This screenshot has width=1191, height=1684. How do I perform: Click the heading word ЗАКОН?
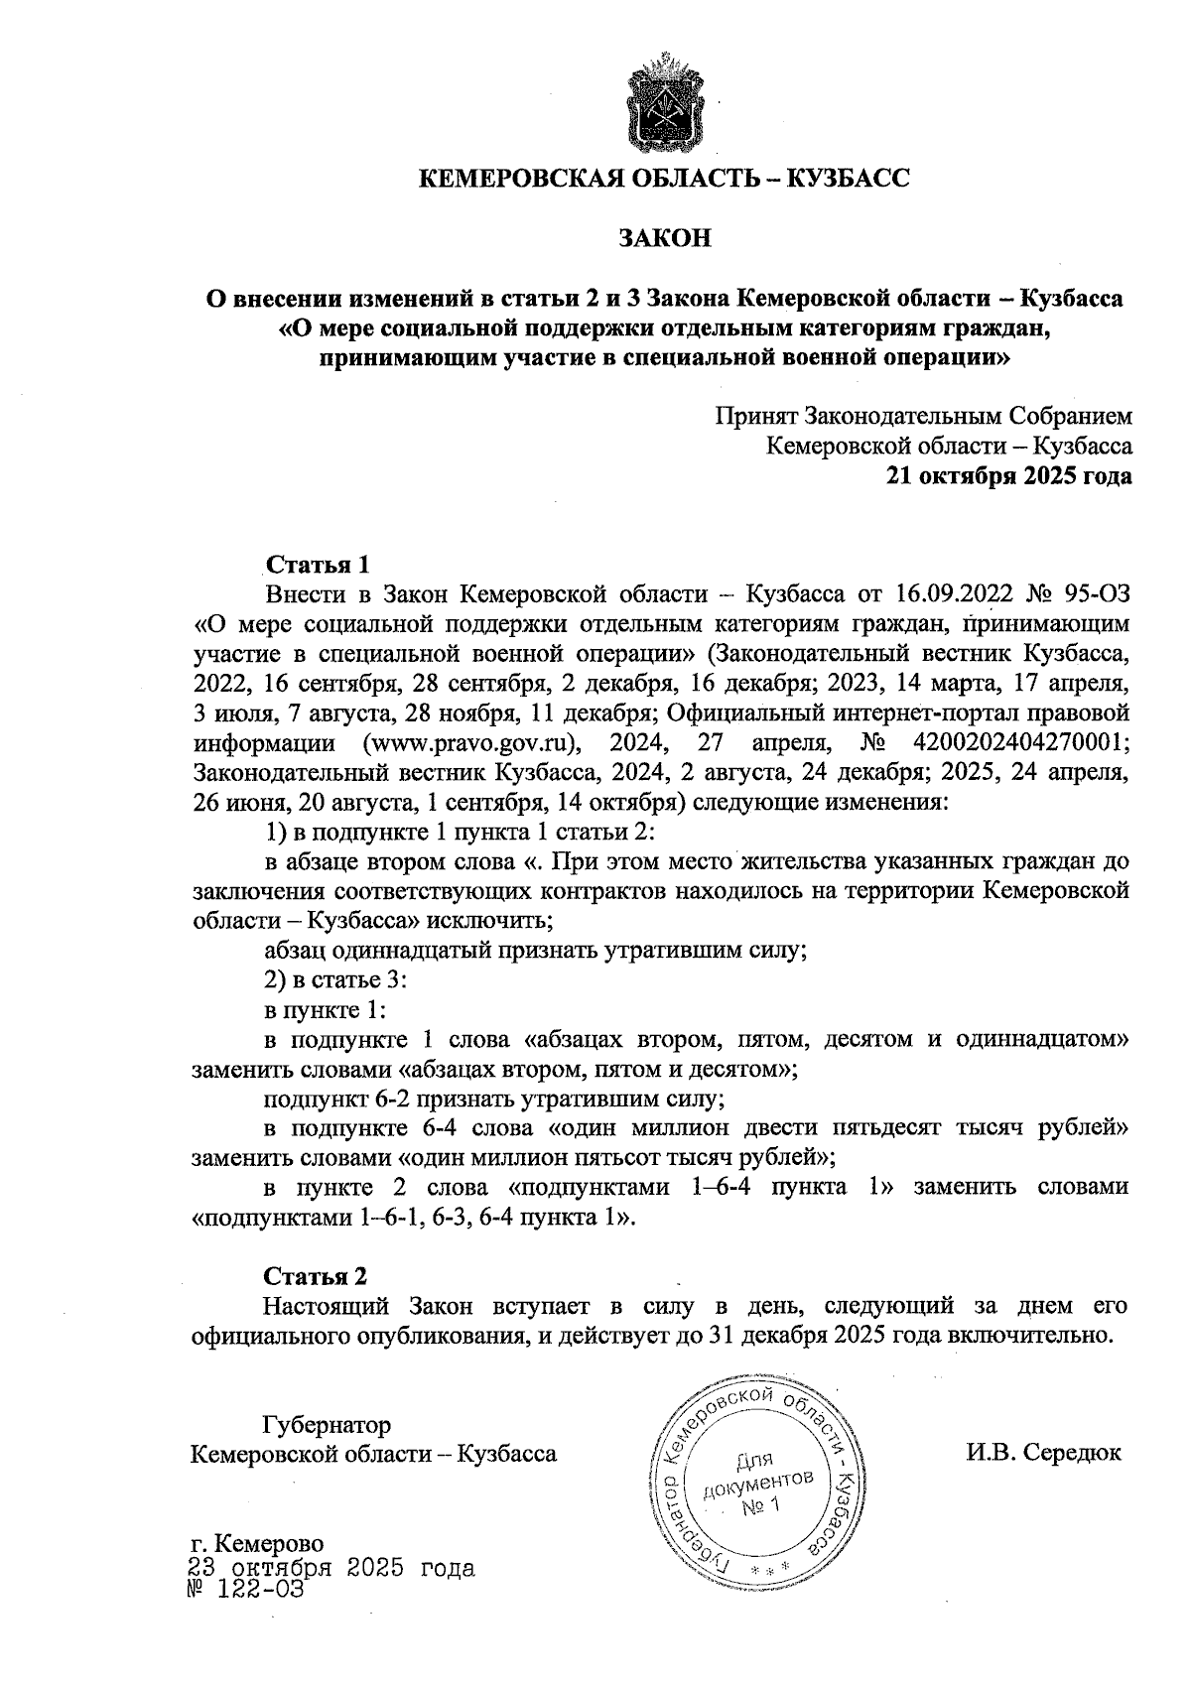tap(664, 239)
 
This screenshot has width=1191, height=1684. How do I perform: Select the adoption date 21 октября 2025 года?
tap(1008, 476)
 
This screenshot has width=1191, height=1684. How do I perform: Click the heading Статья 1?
tap(317, 565)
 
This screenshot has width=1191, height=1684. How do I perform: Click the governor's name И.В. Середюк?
tap(1043, 1454)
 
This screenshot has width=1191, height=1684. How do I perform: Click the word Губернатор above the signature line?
tap(327, 1425)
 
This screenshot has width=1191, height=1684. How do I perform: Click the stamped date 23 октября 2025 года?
tap(331, 1569)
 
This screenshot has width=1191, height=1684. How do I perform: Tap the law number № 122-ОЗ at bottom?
tap(244, 1590)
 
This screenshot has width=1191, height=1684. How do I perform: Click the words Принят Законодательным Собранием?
tap(924, 417)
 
